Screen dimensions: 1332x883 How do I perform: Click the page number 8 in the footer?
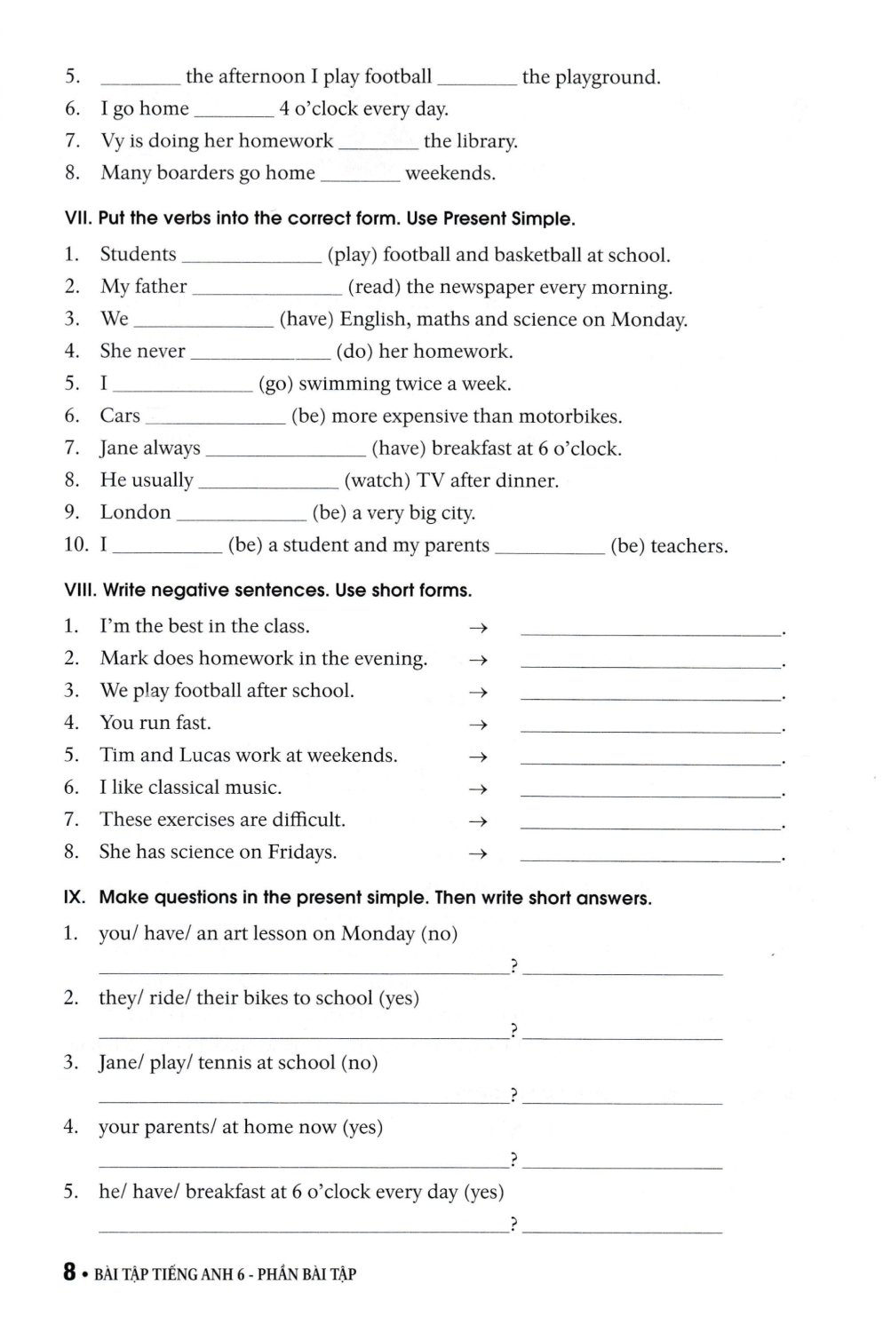pyautogui.click(x=69, y=1272)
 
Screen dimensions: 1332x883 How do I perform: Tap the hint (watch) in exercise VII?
pyautogui.click(x=377, y=480)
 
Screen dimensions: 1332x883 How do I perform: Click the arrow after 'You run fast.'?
pyautogui.click(x=478, y=725)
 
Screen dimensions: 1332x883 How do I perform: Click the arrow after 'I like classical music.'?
pyautogui.click(x=478, y=789)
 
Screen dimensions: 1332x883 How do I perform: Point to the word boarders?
pyautogui.click(x=195, y=173)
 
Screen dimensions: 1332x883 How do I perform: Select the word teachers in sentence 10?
pyautogui.click(x=688, y=546)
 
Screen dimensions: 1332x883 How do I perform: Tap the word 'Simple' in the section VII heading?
pyautogui.click(x=543, y=219)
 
